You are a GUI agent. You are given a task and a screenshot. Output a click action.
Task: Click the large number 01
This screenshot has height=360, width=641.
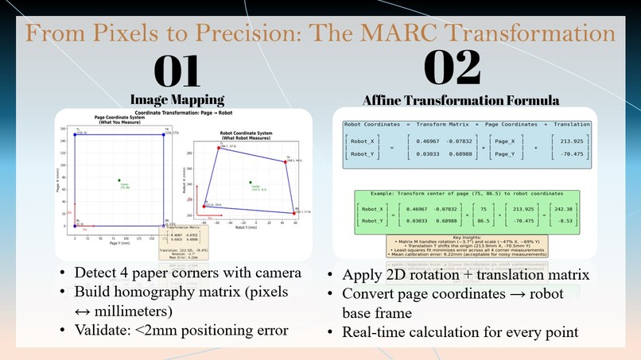[x=177, y=72]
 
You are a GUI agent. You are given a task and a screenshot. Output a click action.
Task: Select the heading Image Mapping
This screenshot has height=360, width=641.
[x=177, y=100]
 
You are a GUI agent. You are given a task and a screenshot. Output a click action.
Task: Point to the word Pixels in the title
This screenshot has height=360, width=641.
[x=156, y=33]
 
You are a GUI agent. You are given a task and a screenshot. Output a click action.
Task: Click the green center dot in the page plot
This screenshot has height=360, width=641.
[x=119, y=180]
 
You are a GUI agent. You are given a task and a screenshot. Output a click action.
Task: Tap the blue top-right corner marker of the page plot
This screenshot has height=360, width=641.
[x=164, y=134]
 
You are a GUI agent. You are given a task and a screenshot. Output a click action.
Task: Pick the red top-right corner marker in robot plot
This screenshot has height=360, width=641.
[x=285, y=161]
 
